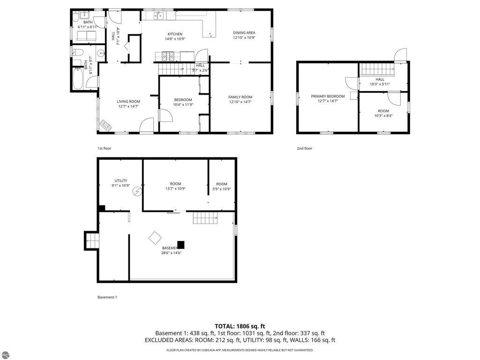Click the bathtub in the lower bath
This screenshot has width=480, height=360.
click(x=78, y=79)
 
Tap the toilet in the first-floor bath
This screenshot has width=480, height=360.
click(x=78, y=52)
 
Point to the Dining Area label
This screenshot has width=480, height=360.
click(x=244, y=33)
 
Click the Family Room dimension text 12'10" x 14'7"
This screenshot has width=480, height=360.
click(x=240, y=102)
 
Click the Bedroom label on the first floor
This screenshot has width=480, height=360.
click(x=183, y=99)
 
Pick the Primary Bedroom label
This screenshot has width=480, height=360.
click(x=328, y=96)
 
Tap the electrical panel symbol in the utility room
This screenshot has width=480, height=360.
click(x=137, y=191)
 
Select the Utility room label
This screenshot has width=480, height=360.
click(x=121, y=180)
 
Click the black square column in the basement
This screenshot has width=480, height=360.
click(x=180, y=244)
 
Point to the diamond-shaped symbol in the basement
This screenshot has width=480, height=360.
click(x=155, y=238)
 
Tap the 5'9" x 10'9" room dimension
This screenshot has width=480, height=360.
click(x=222, y=189)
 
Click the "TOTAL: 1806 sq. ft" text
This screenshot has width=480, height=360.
click(x=240, y=326)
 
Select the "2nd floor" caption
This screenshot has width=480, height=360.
click(x=304, y=149)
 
